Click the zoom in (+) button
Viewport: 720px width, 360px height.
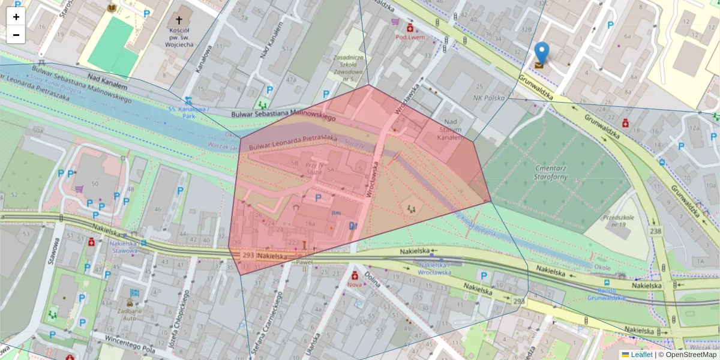[x=16, y=17]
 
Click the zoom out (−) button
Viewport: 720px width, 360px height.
[x=16, y=35]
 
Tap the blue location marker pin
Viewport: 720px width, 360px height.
[x=541, y=54]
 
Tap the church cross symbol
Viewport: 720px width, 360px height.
[x=179, y=20]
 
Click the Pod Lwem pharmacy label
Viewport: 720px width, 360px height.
[x=410, y=37]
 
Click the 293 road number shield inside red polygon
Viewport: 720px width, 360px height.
[x=248, y=255]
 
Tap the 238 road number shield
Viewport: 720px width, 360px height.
[x=655, y=230]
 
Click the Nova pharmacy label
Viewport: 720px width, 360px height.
[x=355, y=285]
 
